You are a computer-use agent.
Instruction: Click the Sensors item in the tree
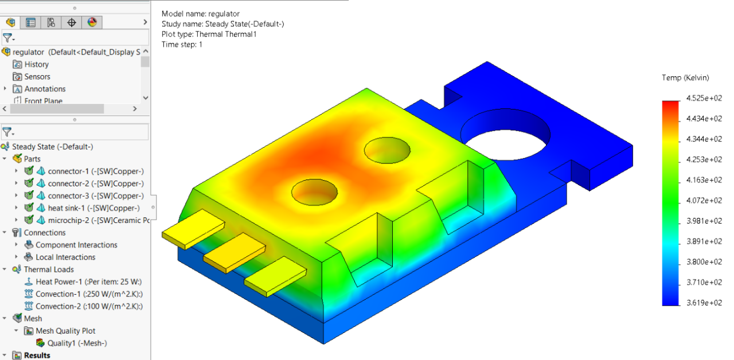[37, 77]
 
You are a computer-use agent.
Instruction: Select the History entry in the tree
[36, 65]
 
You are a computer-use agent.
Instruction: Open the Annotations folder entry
[45, 89]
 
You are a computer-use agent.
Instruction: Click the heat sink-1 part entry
[93, 208]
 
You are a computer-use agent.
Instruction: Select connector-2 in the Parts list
[95, 183]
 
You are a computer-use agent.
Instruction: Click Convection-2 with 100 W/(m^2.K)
[89, 306]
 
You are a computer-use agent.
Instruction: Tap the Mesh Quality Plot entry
[65, 331]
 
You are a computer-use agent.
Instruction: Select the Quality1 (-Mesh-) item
[77, 343]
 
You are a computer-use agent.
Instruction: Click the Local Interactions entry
[65, 257]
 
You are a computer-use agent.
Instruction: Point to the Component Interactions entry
[76, 245]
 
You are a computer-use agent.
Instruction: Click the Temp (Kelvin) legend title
[685, 78]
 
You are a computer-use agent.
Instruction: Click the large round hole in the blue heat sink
[505, 135]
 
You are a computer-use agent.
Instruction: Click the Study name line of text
[222, 24]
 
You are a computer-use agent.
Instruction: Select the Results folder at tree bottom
[37, 355]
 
